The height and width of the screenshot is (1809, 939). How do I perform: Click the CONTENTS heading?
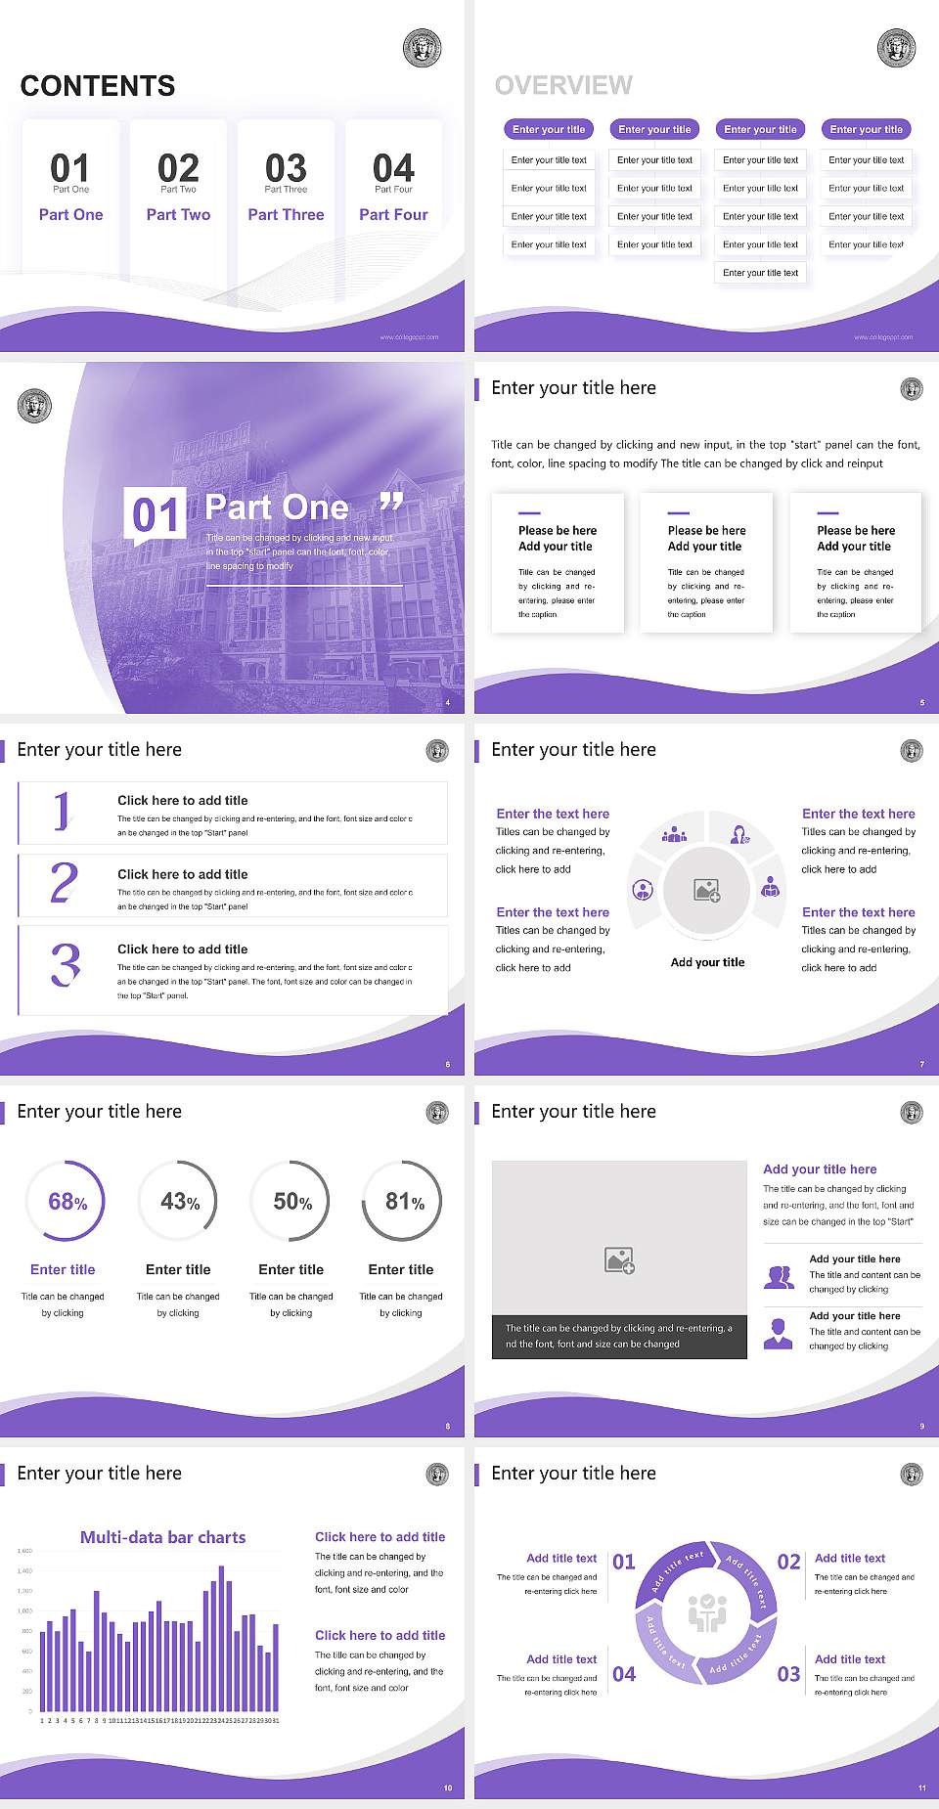pos(98,86)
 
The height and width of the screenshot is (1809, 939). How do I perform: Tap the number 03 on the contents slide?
pos(286,168)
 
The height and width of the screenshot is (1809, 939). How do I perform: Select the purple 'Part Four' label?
pos(393,214)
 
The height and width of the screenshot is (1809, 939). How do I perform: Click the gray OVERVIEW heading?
pos(563,85)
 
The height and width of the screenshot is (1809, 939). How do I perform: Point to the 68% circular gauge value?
pos(67,1202)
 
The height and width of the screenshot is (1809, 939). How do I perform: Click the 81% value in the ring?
pos(404,1202)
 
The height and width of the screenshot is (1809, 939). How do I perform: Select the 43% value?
pos(180,1202)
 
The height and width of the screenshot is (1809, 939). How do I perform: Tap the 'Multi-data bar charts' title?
pos(162,1537)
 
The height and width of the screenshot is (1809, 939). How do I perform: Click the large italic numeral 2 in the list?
pos(64,883)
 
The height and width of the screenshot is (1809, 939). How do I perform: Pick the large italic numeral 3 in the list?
pos(66,964)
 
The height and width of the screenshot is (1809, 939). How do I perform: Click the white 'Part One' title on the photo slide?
pos(277,507)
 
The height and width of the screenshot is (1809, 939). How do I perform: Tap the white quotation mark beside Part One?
pos(391,503)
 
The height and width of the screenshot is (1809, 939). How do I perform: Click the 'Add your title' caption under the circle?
pos(707,962)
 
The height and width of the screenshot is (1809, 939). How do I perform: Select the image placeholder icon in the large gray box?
pos(619,1259)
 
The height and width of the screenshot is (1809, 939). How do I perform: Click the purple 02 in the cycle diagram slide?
pos(788,1562)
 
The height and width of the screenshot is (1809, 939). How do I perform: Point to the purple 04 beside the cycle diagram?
pos(624,1674)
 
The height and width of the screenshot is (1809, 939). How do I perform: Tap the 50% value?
pos(292,1202)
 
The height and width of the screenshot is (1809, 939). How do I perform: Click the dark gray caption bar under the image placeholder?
pos(619,1336)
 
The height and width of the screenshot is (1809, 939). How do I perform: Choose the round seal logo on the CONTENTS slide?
pos(422,48)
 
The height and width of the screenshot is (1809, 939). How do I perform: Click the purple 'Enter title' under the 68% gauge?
pos(63,1269)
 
